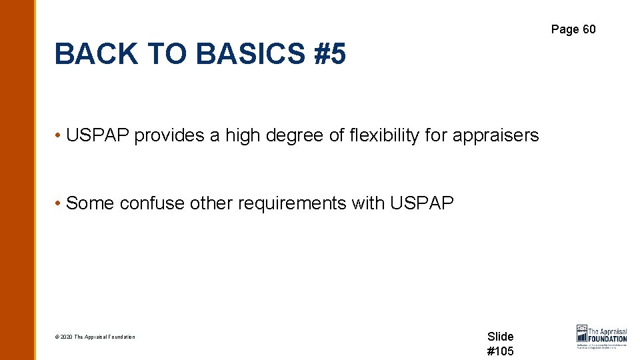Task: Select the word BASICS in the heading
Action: pos(238,54)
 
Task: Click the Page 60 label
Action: pos(573,29)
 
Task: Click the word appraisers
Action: pos(495,135)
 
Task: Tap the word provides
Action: pos(169,135)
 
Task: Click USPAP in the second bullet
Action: pos(421,203)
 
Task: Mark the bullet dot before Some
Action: pos(59,203)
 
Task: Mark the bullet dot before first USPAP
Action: pos(59,135)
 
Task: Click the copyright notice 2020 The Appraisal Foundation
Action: pos(95,337)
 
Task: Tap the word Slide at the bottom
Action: pos(500,337)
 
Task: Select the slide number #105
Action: pos(500,351)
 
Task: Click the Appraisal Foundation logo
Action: pos(601,337)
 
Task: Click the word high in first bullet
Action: pos(243,135)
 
